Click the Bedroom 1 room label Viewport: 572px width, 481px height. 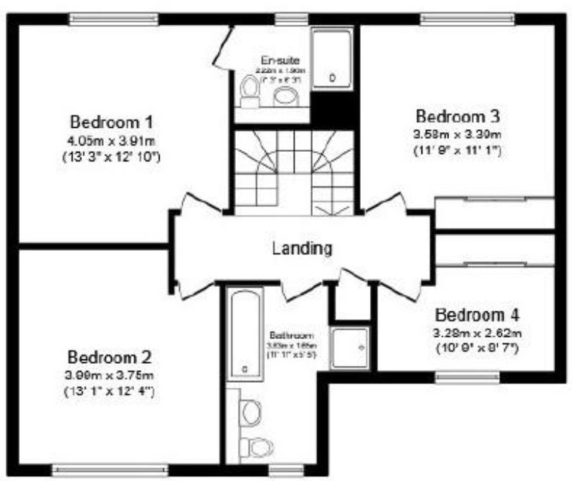pyautogui.click(x=112, y=119)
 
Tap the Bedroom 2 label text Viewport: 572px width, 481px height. pyautogui.click(x=109, y=356)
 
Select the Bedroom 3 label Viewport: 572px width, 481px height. pyautogui.click(x=458, y=115)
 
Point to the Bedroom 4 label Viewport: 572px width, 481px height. pyautogui.click(x=478, y=314)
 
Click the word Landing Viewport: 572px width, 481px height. pyautogui.click(x=302, y=248)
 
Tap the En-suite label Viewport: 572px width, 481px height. pyautogui.click(x=275, y=59)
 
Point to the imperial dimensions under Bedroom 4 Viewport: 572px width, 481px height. pyautogui.click(x=477, y=347)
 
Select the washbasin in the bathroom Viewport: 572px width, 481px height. pyautogui.click(x=251, y=410)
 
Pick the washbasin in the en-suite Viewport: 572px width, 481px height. pyautogui.click(x=286, y=96)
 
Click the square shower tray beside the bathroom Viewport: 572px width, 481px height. pyautogui.click(x=350, y=348)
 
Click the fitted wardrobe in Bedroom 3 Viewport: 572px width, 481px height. pyautogui.click(x=494, y=213)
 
